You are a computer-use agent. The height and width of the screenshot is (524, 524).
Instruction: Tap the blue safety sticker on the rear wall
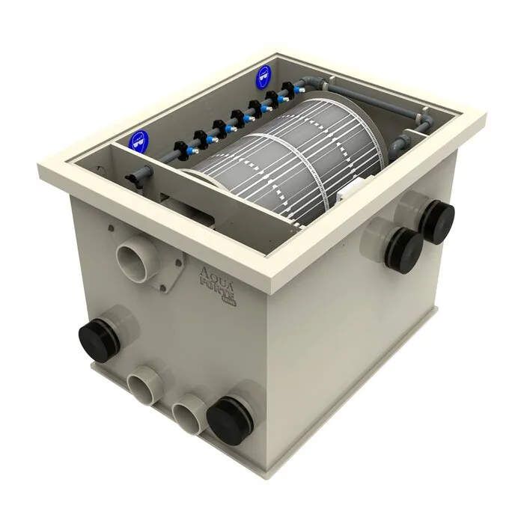tap(263, 75)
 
